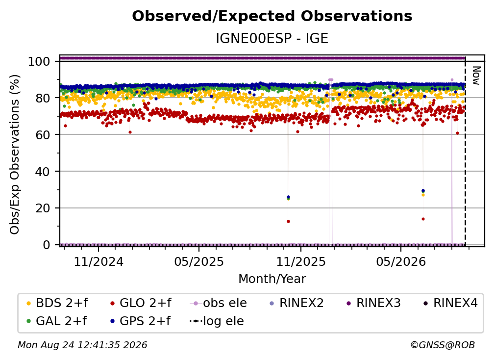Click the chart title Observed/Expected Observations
tap(272, 16)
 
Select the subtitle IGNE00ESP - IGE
tap(272, 38)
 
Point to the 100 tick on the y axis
tap(39, 61)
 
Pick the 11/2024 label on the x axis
tap(99, 261)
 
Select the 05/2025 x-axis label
tap(199, 261)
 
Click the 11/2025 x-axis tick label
tap(301, 261)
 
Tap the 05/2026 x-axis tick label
tap(401, 261)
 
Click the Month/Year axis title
tap(272, 279)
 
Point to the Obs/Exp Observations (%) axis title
tap(15, 154)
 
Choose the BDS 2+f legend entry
tap(57, 303)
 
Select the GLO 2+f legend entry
tap(141, 303)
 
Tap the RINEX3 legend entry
tap(373, 303)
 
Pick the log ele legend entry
tap(217, 321)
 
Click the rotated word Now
tap(477, 76)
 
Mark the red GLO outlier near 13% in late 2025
tap(288, 221)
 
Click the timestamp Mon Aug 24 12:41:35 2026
tap(82, 345)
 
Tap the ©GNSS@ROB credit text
tap(443, 345)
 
